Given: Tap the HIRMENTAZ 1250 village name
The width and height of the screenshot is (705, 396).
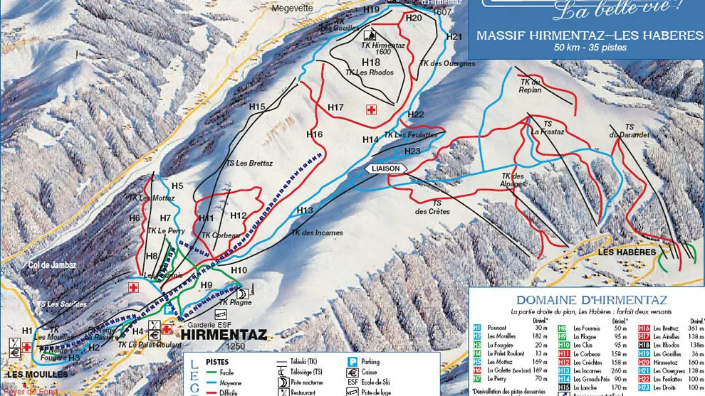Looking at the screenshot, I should [x=223, y=334].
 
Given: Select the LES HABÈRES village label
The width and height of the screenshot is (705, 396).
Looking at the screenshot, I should [x=626, y=252].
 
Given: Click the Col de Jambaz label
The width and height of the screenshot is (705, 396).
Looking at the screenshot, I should [x=52, y=265].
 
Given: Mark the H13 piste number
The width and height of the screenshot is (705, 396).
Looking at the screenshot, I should [x=305, y=210].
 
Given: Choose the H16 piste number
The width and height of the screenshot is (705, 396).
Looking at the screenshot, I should [x=314, y=134].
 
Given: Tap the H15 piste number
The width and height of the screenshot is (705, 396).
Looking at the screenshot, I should [x=257, y=107].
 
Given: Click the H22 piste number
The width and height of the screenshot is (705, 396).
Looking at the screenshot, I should [x=416, y=114].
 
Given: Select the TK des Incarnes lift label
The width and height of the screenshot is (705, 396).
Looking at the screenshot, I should [x=316, y=232].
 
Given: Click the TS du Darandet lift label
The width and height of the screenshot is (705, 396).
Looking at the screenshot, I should [x=628, y=131].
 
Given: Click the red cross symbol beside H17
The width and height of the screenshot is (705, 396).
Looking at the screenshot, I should [x=370, y=109].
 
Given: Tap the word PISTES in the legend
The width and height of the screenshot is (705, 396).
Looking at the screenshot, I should [x=217, y=361].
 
